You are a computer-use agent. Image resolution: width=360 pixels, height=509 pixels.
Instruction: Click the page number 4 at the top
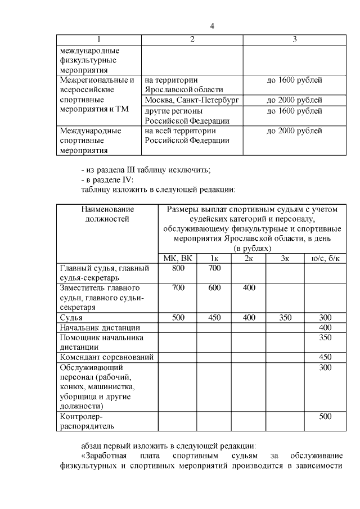(212, 26)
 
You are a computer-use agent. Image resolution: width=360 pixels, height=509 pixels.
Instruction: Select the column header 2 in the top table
(192, 39)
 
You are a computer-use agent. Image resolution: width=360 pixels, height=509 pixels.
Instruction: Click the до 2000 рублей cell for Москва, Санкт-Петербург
(294, 100)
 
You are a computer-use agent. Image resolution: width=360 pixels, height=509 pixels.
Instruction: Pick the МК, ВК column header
(177, 258)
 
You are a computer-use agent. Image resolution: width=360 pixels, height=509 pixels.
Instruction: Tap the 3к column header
(285, 258)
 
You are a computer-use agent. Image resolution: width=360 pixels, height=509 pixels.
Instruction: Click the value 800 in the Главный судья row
(178, 268)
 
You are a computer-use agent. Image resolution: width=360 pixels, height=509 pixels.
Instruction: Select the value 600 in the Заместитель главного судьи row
(214, 288)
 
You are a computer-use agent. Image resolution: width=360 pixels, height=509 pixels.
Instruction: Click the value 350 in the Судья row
(285, 318)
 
